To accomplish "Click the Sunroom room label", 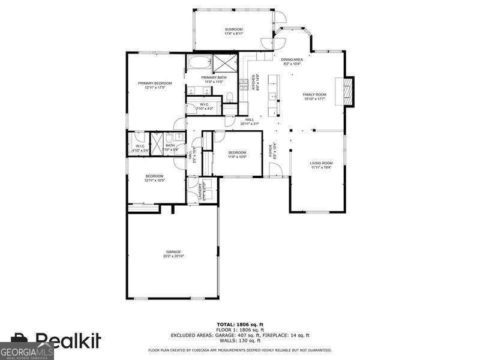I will [233, 29].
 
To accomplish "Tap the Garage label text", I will [173, 251].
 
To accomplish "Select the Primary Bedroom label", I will [155, 83].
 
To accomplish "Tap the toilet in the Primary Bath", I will [228, 108].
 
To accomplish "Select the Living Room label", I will [321, 163].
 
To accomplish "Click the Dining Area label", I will [292, 59].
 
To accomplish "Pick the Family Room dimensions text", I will [314, 99].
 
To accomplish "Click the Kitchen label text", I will [254, 83].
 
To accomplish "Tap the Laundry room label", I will [200, 190].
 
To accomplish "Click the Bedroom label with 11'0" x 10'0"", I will [237, 152].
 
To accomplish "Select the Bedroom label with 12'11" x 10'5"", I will [154, 176].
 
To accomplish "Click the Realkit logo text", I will [67, 340].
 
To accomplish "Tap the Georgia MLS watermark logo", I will [27, 350].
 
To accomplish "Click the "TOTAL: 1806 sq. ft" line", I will [240, 324].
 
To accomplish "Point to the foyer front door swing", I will [277, 170].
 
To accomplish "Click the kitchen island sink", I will [272, 96].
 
